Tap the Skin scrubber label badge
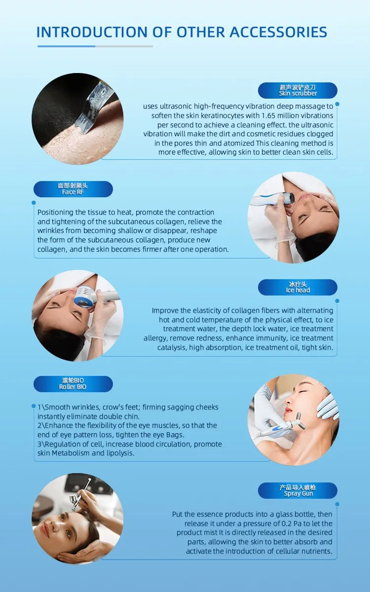click(x=297, y=90)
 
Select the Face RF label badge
click(x=73, y=189)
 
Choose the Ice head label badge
click(x=297, y=287)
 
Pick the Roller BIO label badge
click(x=73, y=384)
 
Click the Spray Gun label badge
click(x=297, y=490)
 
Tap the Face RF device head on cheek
click(x=288, y=198)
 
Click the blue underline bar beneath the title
click(x=66, y=46)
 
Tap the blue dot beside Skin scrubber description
click(x=337, y=104)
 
